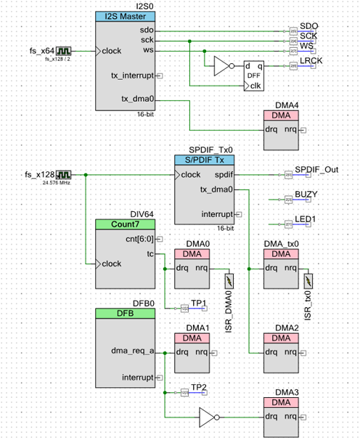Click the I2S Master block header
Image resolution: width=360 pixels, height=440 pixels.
[125, 16]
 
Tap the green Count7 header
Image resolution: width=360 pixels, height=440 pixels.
[125, 224]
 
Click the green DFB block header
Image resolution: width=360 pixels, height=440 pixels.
[125, 313]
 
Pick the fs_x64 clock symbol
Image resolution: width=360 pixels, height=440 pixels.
[64, 51]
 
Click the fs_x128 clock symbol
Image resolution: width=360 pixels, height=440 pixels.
[64, 175]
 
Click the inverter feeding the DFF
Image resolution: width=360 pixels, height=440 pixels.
[222, 67]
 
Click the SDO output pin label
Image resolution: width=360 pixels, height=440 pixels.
[308, 27]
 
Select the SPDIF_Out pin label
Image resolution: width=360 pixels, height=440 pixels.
[316, 170]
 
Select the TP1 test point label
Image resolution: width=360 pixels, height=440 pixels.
[198, 301]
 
